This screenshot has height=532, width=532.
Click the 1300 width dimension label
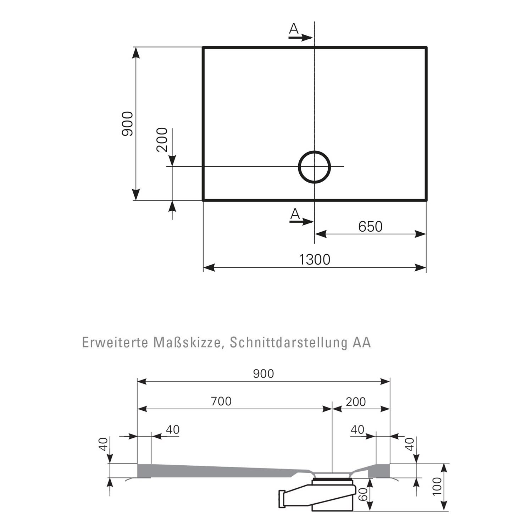tap(315, 260)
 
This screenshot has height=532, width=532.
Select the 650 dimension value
tap(370, 227)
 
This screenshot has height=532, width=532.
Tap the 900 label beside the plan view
tap(127, 123)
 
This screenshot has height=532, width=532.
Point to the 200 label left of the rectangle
tap(162, 139)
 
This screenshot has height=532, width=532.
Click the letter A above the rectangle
tap(293, 28)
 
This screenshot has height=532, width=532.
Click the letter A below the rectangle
tap(295, 214)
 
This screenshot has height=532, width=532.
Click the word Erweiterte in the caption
tap(115, 343)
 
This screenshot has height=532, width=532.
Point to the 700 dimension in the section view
tap(221, 401)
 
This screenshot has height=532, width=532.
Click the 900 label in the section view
tap(264, 373)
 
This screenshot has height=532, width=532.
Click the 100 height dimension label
tap(437, 487)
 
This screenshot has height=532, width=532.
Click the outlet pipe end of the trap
tap(282, 499)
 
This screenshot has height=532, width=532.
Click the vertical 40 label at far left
tap(103, 444)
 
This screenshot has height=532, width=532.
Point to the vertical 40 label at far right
tap(410, 444)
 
